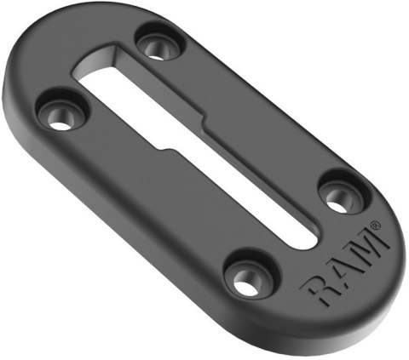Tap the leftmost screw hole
point(59,115)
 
